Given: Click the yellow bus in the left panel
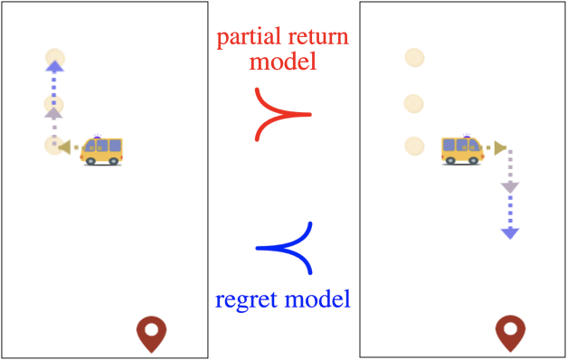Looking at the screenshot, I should click(x=101, y=149).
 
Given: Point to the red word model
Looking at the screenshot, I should click(x=284, y=64).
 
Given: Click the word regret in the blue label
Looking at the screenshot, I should click(x=247, y=299).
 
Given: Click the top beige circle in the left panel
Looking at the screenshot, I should click(x=54, y=59).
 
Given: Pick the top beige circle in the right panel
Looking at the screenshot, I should click(x=414, y=59).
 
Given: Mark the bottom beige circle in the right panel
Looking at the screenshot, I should click(x=414, y=145).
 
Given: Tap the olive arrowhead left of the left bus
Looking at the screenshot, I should click(x=63, y=146).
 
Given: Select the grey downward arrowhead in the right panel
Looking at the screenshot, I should click(x=510, y=187).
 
